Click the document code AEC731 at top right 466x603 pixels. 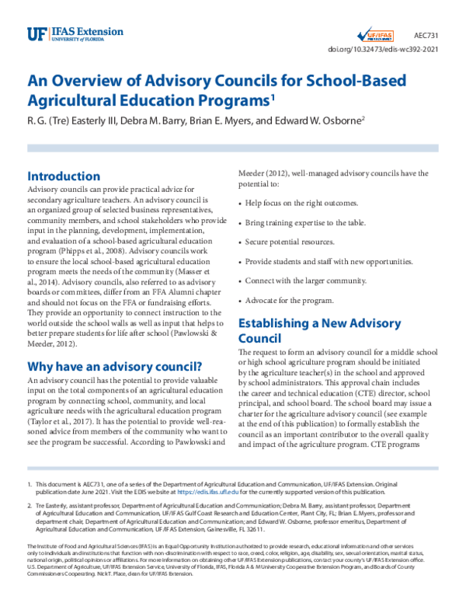425,36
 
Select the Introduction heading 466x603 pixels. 63,176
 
